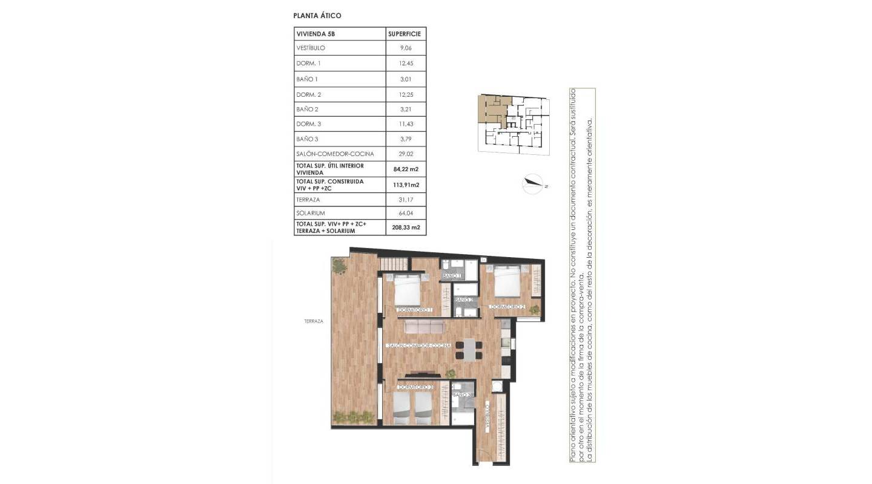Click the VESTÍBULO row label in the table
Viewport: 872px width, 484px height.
[311, 48]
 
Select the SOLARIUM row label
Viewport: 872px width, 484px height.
[311, 213]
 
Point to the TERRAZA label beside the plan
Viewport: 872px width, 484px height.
[314, 321]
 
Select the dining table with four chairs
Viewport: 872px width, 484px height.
[469, 350]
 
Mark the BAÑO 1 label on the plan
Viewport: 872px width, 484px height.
[452, 276]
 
